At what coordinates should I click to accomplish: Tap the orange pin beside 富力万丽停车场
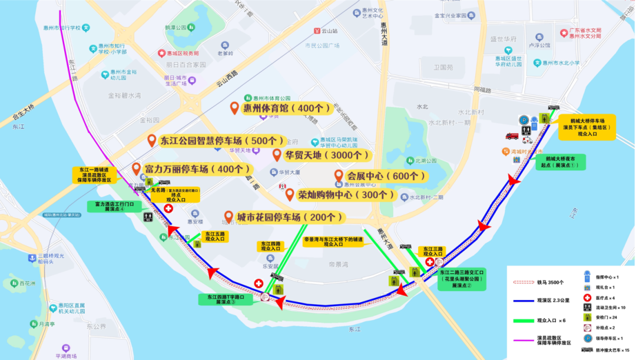(x=137, y=169)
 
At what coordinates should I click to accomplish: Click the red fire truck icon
(x=512, y=136)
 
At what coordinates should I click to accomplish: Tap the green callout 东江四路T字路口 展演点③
(x=226, y=299)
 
